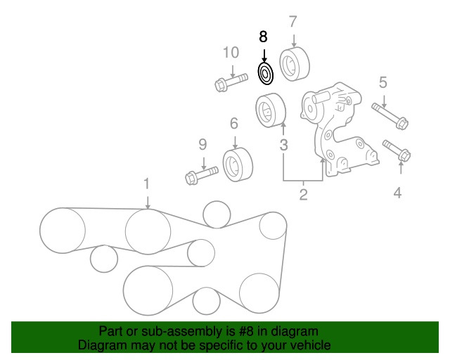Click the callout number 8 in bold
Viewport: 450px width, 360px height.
click(x=264, y=37)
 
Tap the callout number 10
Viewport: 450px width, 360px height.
click(x=231, y=52)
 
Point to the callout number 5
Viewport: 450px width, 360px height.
click(x=383, y=83)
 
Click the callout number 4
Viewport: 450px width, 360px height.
click(x=397, y=191)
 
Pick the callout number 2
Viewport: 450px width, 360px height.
click(x=303, y=195)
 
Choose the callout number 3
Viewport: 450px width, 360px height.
click(x=283, y=146)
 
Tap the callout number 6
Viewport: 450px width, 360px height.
click(x=234, y=124)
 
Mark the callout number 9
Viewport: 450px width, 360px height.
click(x=202, y=145)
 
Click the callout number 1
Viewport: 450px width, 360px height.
click(x=147, y=184)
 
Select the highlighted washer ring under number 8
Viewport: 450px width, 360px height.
click(x=265, y=73)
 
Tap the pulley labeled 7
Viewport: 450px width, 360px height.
click(x=292, y=64)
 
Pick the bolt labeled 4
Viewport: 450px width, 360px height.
click(x=400, y=150)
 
